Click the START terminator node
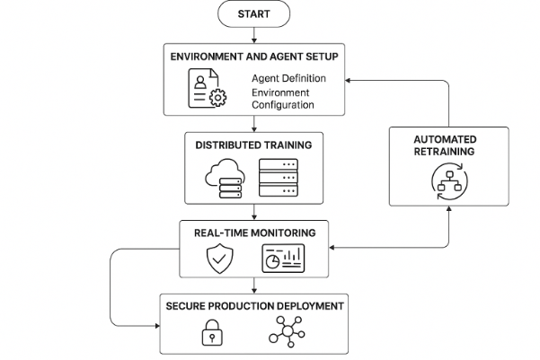[x=253, y=14]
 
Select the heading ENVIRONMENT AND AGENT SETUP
[x=254, y=57]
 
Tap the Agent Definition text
[x=288, y=78]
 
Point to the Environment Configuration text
[x=282, y=99]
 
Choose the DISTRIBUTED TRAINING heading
[x=253, y=144]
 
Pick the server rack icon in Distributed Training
[x=278, y=176]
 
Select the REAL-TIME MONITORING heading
[x=254, y=233]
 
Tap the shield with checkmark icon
[x=220, y=259]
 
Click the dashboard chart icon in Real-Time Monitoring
[x=283, y=259]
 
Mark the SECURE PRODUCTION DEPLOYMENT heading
[x=254, y=306]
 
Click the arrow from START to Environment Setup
[x=253, y=34]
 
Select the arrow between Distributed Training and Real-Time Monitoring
[x=253, y=212]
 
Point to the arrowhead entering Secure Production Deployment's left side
[x=155, y=322]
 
